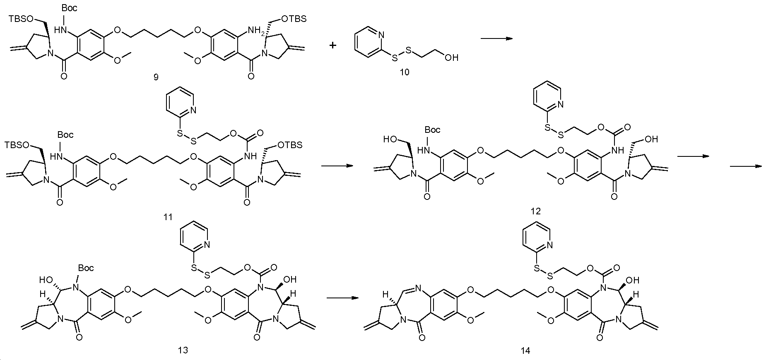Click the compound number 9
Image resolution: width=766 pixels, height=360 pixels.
(x=156, y=77)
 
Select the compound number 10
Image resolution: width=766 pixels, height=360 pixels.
(x=404, y=72)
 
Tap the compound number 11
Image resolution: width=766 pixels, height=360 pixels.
(x=168, y=217)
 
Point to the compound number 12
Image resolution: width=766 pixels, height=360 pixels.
(x=535, y=211)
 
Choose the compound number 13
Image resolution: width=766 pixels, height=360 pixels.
(x=183, y=350)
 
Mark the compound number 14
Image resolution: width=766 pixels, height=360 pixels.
(x=526, y=351)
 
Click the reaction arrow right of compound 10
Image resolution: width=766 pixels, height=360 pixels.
(x=496, y=38)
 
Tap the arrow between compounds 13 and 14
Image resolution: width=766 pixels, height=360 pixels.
(x=342, y=298)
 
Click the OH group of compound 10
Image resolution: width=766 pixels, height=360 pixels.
(x=451, y=58)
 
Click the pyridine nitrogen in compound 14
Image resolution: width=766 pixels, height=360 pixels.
(x=550, y=246)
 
